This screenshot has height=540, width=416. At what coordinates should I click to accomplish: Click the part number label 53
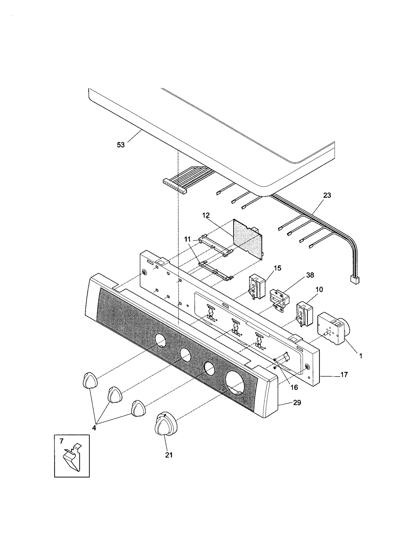pyautogui.click(x=121, y=145)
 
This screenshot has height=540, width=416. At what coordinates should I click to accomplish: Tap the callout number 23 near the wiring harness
pyautogui.click(x=327, y=195)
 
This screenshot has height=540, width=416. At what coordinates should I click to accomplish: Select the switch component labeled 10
pyautogui.click(x=304, y=314)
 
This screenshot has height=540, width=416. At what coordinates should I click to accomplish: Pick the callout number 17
pyautogui.click(x=344, y=375)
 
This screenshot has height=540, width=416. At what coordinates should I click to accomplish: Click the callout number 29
pyautogui.click(x=297, y=403)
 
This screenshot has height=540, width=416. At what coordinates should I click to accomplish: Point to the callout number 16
pyautogui.click(x=294, y=387)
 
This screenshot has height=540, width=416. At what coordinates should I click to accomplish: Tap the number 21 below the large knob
pyautogui.click(x=169, y=455)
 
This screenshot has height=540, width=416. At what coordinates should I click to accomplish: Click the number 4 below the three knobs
pyautogui.click(x=94, y=428)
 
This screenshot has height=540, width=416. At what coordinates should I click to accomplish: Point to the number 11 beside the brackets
pyautogui.click(x=187, y=239)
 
